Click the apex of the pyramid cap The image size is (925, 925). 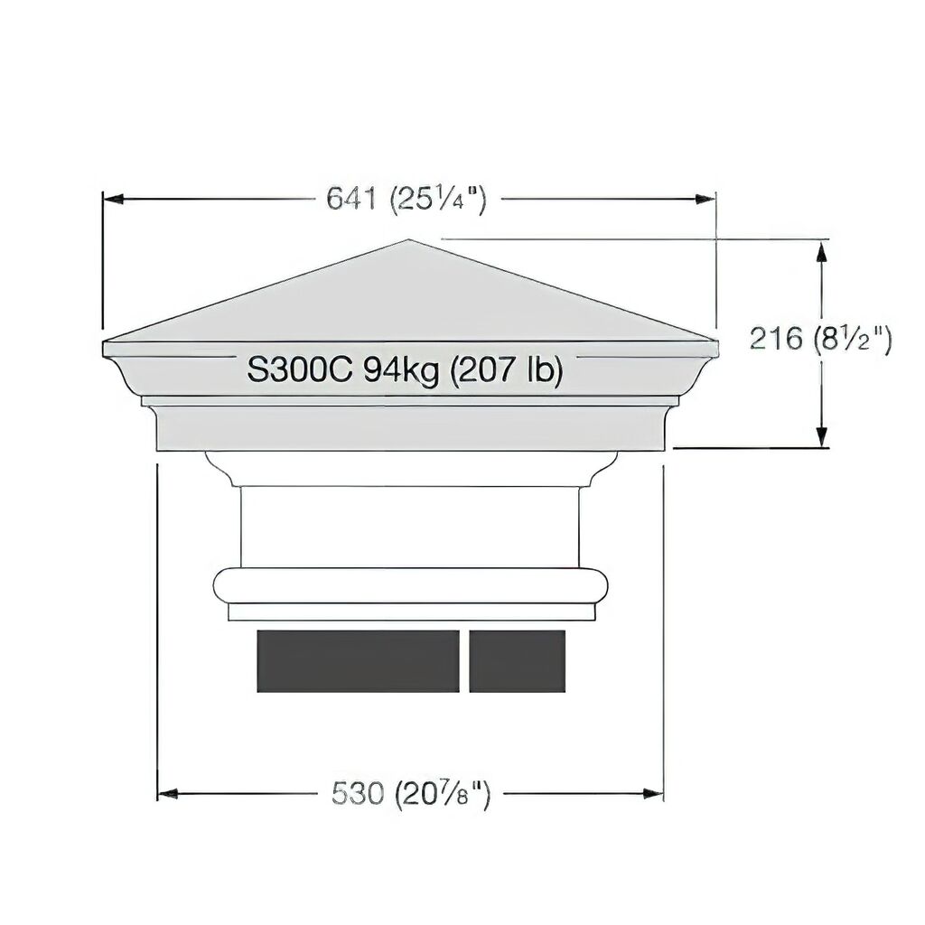[x=409, y=239]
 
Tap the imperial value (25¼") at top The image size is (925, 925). [x=438, y=200]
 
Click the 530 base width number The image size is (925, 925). [x=358, y=793]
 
